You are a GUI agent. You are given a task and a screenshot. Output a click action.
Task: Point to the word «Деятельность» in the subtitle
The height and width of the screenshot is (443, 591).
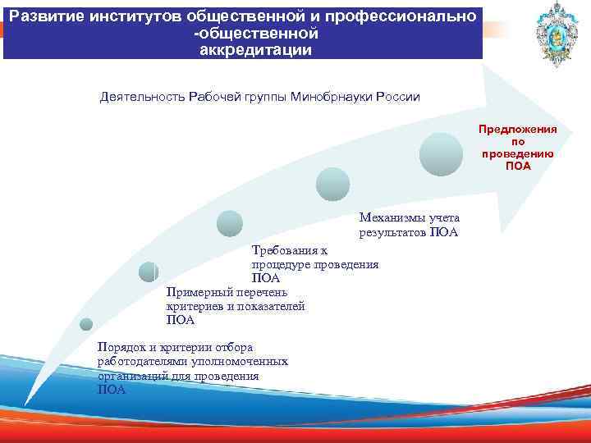[141, 97]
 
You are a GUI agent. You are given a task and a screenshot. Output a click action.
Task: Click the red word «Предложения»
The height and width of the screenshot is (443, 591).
[518, 130]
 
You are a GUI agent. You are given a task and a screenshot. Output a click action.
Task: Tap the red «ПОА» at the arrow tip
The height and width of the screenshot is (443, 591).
[518, 167]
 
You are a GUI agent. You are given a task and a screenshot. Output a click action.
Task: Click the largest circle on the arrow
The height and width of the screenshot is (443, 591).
[442, 154]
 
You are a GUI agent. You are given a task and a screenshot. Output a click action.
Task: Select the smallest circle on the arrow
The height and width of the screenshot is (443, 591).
[86, 324]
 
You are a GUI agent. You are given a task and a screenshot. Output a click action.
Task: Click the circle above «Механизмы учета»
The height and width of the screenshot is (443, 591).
[333, 185]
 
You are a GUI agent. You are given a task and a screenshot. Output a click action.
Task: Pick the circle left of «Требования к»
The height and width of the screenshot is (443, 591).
[230, 224]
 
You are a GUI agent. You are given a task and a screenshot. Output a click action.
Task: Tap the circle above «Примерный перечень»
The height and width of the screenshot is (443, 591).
[149, 272]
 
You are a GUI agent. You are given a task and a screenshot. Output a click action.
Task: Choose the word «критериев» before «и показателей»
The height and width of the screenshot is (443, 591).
[194, 306]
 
